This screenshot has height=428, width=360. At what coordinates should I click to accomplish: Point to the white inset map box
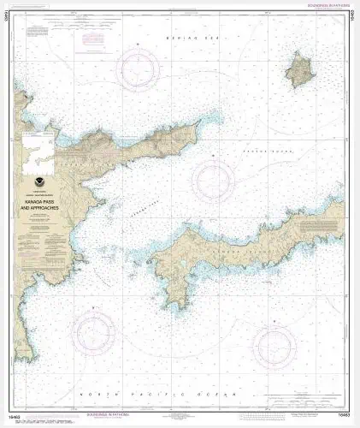(x=40, y=146)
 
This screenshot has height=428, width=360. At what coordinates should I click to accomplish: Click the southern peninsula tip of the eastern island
(x=177, y=300)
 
